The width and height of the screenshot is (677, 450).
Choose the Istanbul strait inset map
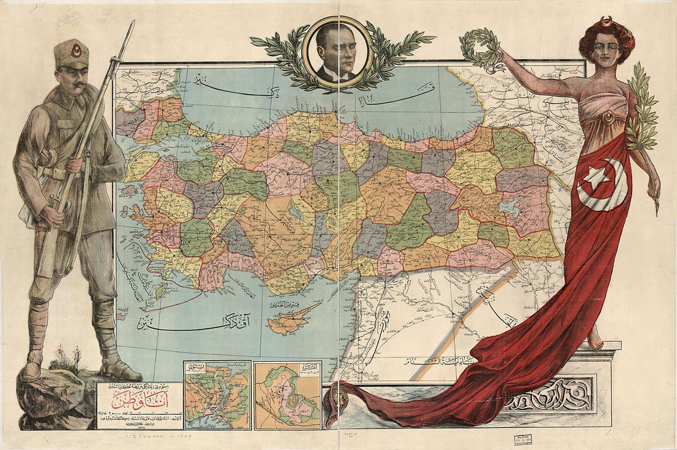point(217,395)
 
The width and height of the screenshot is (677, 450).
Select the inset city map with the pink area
point(287,395)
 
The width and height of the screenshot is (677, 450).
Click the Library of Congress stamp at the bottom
point(523,440)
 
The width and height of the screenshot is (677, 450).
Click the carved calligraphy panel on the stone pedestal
point(550,395)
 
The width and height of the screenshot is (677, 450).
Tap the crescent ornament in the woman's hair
point(607,22)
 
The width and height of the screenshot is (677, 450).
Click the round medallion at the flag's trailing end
point(337,400)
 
